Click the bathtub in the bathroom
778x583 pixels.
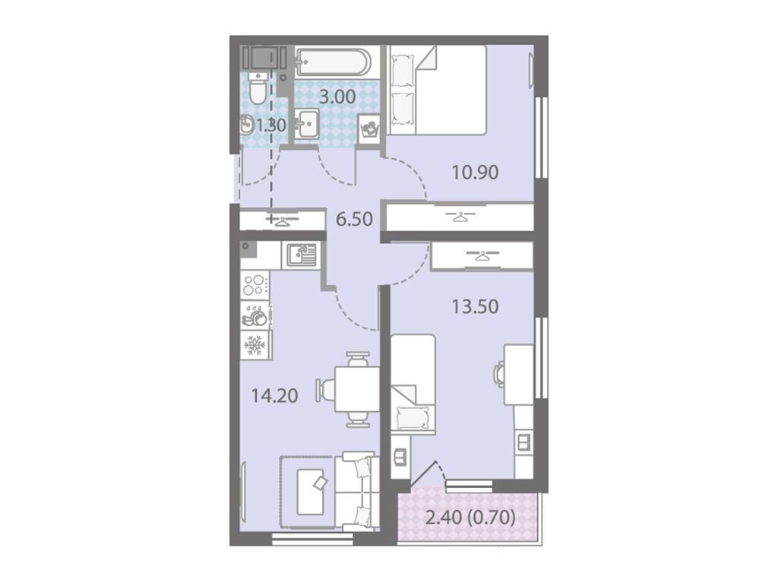click(333, 62)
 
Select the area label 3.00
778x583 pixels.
click(337, 97)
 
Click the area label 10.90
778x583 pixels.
click(475, 173)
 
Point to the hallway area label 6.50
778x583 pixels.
click(354, 218)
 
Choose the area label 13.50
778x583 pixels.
click(475, 306)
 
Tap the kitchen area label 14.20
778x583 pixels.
click(274, 396)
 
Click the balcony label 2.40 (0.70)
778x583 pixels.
click(470, 518)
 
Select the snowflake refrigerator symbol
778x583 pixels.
click(255, 345)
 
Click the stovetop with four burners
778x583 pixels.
click(255, 285)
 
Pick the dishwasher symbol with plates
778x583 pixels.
click(255, 315)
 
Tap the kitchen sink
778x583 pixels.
click(301, 255)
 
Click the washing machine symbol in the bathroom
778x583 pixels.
click(369, 130)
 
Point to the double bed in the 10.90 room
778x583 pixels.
click(437, 90)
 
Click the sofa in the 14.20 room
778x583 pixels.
click(356, 492)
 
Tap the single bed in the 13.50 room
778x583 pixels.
click(413, 383)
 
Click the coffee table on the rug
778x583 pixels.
click(310, 492)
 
